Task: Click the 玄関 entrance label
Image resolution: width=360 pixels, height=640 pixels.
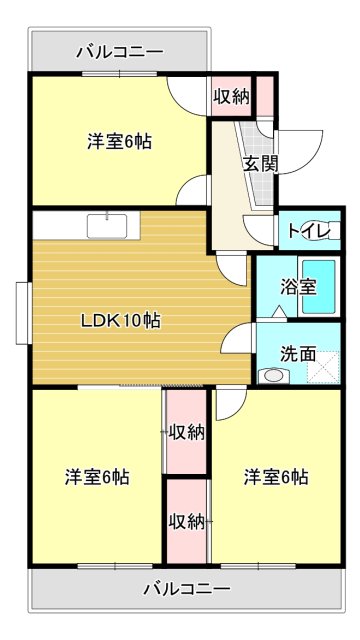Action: pyautogui.click(x=261, y=164)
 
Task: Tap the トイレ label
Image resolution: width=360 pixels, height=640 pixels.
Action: pyautogui.click(x=309, y=230)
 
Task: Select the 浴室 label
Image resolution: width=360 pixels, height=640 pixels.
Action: pyautogui.click(x=298, y=287)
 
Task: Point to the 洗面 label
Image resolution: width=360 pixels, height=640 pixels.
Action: pyautogui.click(x=298, y=354)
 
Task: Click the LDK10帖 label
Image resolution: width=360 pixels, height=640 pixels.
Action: pyautogui.click(x=121, y=321)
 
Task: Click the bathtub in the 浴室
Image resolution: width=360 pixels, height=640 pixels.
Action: pyautogui.click(x=319, y=287)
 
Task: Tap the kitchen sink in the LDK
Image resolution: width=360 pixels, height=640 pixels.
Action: pyautogui.click(x=107, y=226)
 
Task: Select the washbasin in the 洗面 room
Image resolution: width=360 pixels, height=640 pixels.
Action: pyautogui.click(x=274, y=375)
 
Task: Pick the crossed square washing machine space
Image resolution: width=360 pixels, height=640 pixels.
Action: pyautogui.click(x=323, y=368)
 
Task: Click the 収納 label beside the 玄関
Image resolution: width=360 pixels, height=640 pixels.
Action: pyautogui.click(x=231, y=96)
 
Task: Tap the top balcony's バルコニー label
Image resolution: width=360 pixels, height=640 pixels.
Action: pyautogui.click(x=120, y=52)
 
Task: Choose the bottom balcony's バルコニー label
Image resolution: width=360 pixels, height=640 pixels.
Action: pyautogui.click(x=187, y=589)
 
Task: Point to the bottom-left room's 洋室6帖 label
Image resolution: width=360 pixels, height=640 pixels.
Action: pyautogui.click(x=97, y=476)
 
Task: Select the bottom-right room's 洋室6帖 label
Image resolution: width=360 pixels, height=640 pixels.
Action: pyautogui.click(x=276, y=476)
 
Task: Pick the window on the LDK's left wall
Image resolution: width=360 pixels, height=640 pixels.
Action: pyautogui.click(x=24, y=313)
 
